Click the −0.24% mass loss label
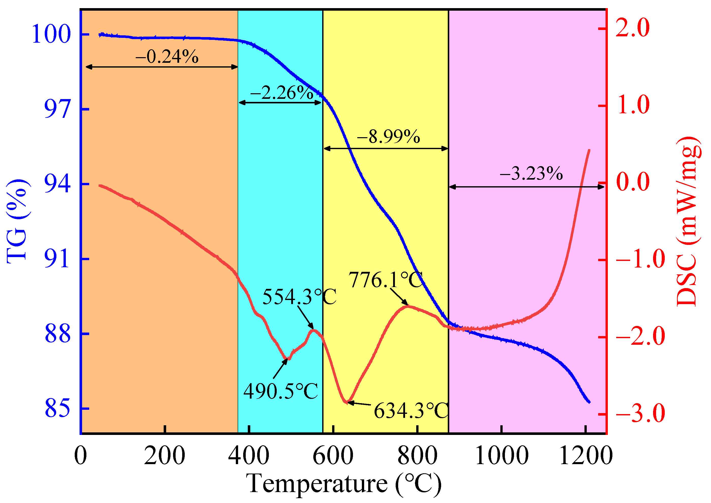pyautogui.click(x=167, y=57)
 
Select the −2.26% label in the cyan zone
pyautogui.click(x=282, y=93)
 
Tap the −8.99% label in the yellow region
pyautogui.click(x=389, y=137)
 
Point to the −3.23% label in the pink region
pyautogui.click(x=531, y=173)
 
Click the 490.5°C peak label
pyautogui.click(x=281, y=391)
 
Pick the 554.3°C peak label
pyautogui.click(x=299, y=297)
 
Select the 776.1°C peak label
pyautogui.click(x=386, y=280)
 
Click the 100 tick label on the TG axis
pyautogui.click(x=51, y=34)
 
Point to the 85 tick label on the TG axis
pyautogui.click(x=58, y=408)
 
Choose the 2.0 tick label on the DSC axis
pyautogui.click(x=632, y=28)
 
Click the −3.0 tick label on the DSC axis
pyautogui.click(x=640, y=414)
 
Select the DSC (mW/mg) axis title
pyautogui.click(x=688, y=221)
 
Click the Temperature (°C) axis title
pyautogui.click(x=344, y=483)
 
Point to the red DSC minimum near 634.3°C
pyautogui.click(x=347, y=402)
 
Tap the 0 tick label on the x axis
pyautogui.click(x=81, y=455)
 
